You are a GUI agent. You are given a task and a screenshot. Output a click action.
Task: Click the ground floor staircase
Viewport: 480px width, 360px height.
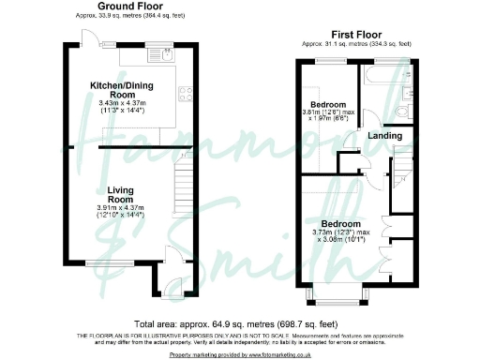184,192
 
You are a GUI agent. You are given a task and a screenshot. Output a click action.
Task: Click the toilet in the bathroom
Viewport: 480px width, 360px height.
400,112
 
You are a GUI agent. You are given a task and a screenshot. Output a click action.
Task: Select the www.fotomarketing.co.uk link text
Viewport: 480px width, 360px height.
265,355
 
